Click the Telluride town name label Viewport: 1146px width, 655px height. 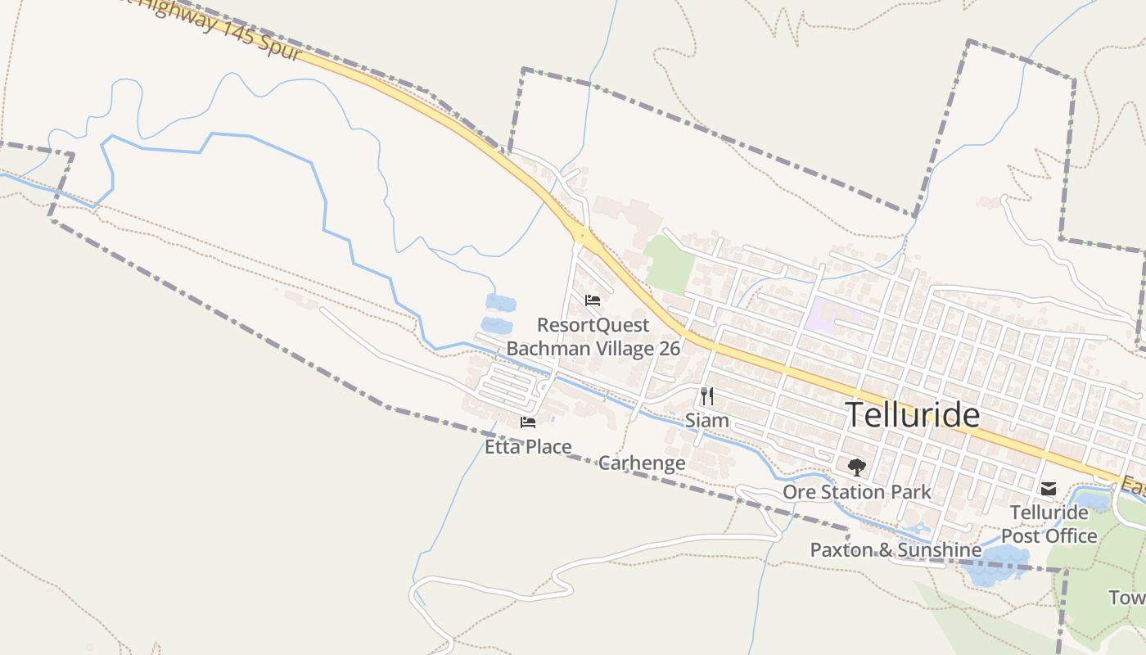912,415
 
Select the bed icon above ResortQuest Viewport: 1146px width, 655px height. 593,300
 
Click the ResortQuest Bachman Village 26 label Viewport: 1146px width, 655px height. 593,337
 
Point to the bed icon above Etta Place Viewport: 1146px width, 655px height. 528,422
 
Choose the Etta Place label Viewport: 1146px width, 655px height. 528,447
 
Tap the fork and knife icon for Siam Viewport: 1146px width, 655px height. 707,396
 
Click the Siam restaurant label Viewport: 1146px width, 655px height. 706,421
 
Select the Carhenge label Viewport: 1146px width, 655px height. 642,463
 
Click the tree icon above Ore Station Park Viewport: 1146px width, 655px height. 857,468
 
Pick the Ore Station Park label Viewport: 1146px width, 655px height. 857,492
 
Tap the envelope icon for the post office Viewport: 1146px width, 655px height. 1049,489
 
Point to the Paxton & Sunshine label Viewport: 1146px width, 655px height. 896,549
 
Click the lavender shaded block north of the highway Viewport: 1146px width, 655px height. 831,314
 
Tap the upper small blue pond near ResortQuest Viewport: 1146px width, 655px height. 500,303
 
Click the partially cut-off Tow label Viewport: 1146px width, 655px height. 1128,598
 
